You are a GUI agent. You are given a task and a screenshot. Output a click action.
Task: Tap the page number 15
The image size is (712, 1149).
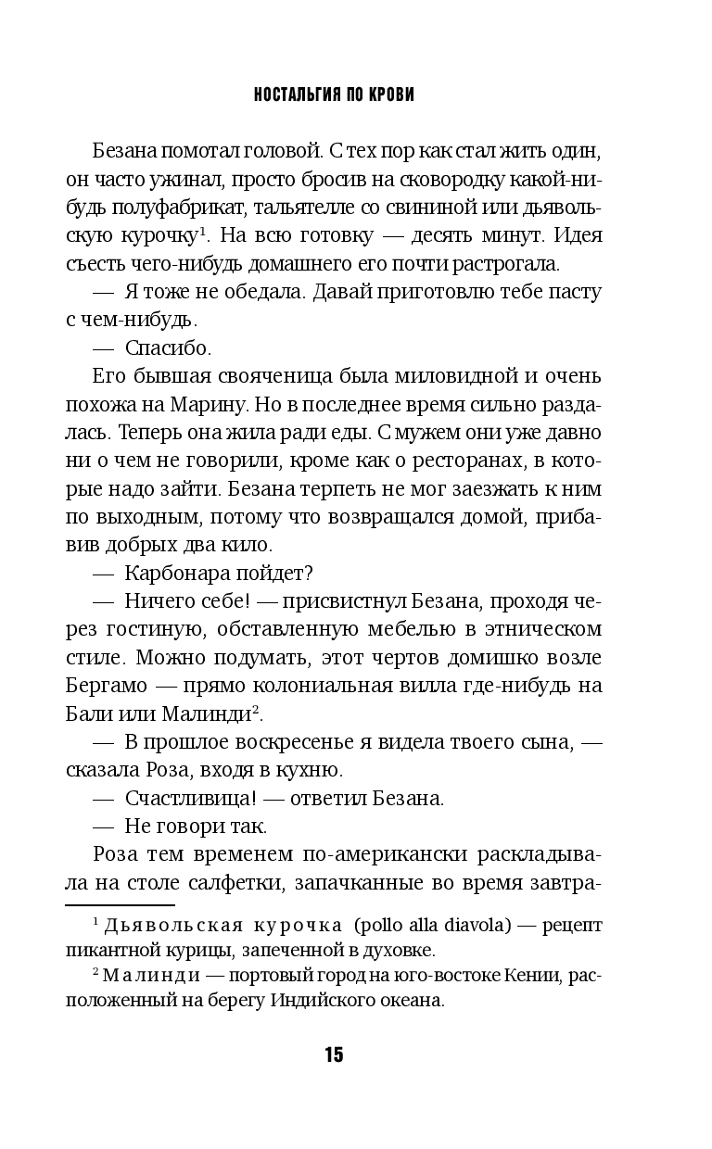(x=334, y=1054)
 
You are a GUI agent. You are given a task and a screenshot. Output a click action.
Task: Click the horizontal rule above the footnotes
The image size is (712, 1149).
(x=120, y=904)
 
